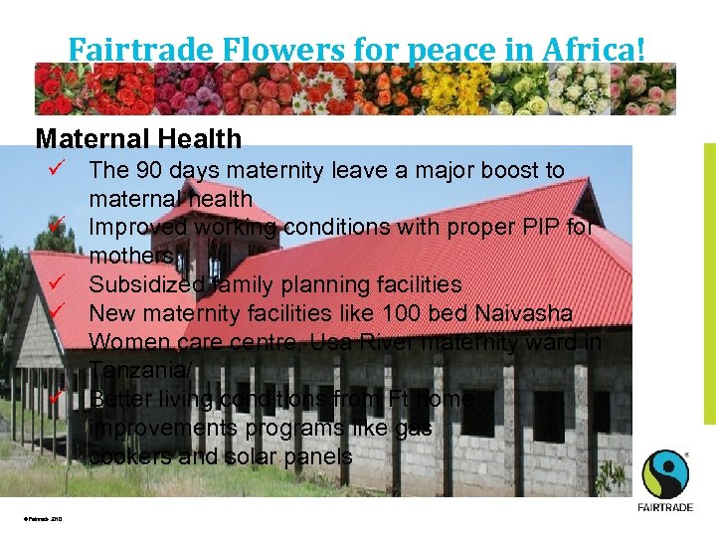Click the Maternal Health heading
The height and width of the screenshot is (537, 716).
coord(138,139)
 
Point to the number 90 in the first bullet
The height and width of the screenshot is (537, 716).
coord(151,170)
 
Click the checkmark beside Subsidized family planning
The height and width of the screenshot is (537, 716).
coord(59,284)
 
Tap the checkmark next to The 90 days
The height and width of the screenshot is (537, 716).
coord(59,169)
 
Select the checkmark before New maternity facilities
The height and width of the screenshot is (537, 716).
coord(59,313)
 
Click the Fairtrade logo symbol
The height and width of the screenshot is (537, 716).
coord(663,474)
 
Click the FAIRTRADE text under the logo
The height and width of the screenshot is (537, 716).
coord(663,507)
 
